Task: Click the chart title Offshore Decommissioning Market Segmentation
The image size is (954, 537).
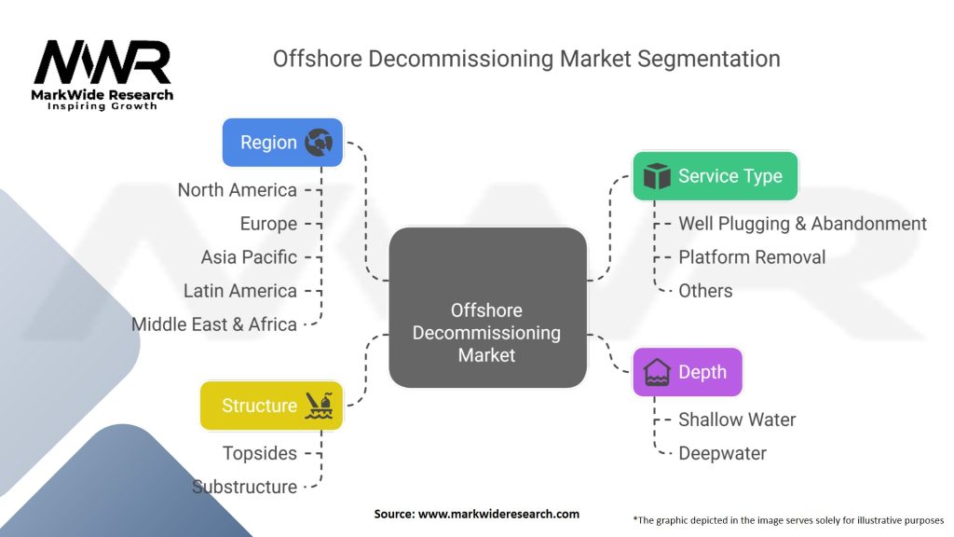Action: [526, 59]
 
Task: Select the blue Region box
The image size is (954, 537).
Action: [282, 143]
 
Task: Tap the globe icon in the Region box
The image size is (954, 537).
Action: [319, 143]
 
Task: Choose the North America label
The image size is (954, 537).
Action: [238, 190]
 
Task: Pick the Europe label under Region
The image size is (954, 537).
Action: [268, 224]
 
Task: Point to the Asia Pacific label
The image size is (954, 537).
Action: [249, 257]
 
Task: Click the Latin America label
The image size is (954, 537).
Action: [240, 291]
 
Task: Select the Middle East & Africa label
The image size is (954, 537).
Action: [214, 324]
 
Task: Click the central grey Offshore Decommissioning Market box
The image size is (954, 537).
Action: [487, 308]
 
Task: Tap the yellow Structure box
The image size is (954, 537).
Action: [271, 406]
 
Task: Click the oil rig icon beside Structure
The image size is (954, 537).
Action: [320, 406]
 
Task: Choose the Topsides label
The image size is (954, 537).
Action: [260, 453]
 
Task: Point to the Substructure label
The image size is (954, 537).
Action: [245, 487]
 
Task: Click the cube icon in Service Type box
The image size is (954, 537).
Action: [658, 176]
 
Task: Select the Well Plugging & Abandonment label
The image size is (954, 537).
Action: [802, 224]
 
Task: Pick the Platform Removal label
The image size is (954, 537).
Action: [752, 257]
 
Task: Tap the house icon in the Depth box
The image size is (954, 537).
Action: [658, 372]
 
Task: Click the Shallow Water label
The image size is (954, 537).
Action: [737, 420]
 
